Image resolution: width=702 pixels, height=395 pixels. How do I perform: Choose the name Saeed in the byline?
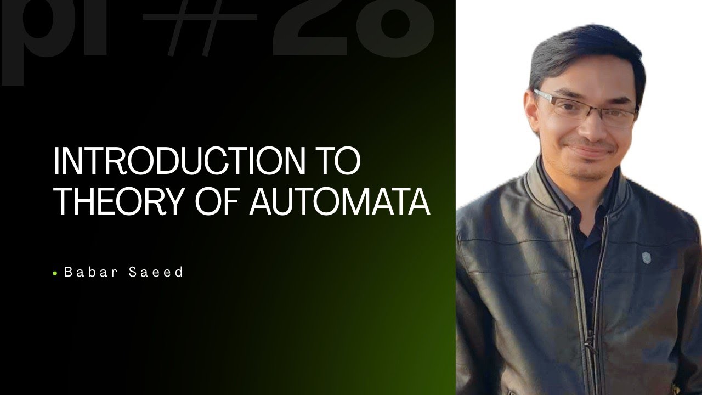coord(156,272)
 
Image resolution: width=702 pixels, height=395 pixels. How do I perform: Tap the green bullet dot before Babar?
coord(55,273)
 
